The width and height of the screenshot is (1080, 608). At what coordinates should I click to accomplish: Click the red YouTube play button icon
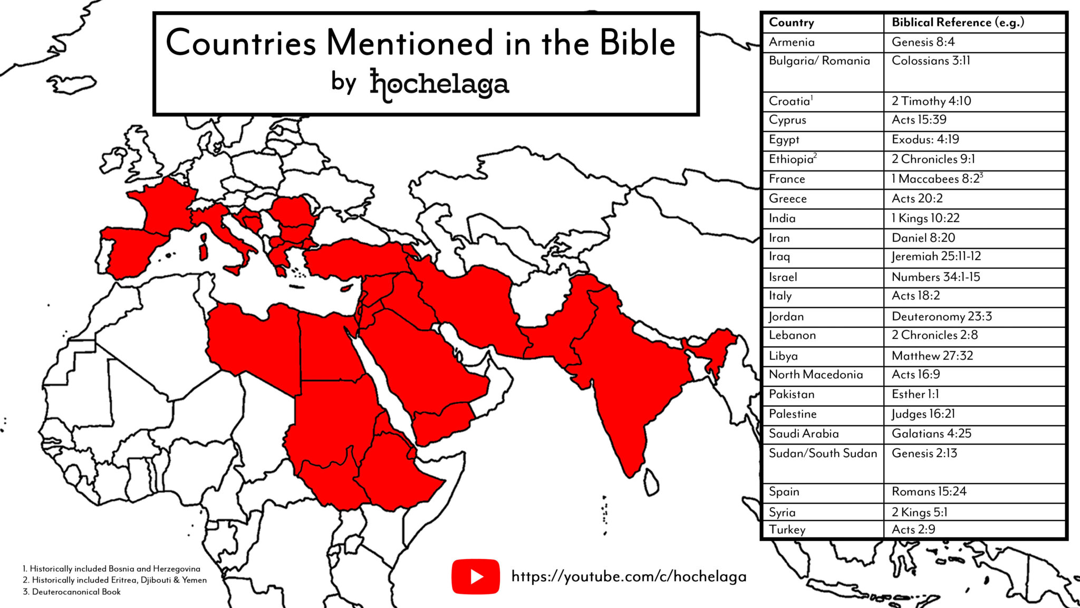475,576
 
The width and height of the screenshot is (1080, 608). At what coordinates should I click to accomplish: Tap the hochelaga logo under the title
439,84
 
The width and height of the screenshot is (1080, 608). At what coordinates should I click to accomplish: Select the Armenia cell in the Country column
792,42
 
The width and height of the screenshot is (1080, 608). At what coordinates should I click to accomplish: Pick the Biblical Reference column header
958,23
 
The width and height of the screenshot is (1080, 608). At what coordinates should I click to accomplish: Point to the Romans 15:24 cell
929,492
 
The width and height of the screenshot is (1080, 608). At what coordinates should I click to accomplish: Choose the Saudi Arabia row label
803,434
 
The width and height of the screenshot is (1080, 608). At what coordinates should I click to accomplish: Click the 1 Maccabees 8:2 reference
937,179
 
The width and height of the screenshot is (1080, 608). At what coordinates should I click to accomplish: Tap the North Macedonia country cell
815,375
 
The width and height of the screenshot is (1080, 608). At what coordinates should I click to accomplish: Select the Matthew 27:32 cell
932,356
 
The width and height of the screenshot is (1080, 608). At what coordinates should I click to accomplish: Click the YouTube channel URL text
629,576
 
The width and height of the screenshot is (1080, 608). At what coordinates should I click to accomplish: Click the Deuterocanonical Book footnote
72,592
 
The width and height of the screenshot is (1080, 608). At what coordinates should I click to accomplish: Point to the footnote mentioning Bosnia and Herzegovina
111,569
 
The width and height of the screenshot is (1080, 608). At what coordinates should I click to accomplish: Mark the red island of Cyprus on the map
346,288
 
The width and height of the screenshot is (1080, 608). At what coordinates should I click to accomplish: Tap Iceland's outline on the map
72,83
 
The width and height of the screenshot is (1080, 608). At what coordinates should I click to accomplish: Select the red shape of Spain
132,251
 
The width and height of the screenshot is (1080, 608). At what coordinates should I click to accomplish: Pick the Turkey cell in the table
787,530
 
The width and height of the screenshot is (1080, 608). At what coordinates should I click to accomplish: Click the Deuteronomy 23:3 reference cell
941,317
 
